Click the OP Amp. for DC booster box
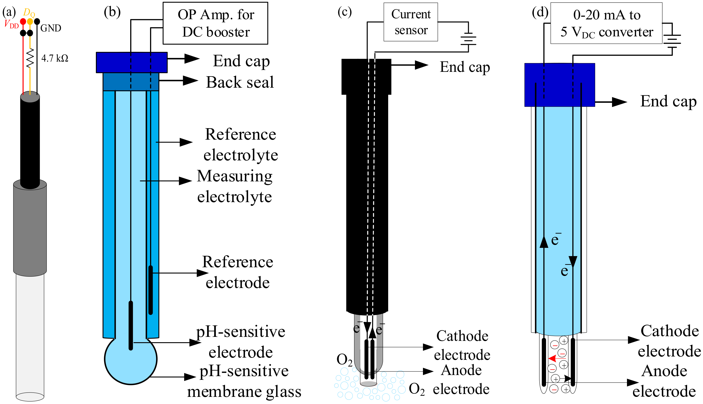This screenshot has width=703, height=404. pyautogui.click(x=215, y=23)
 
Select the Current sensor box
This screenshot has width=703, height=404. pyautogui.click(x=411, y=22)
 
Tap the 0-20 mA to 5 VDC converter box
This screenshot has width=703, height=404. pyautogui.click(x=606, y=23)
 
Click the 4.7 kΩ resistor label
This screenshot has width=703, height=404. pyautogui.click(x=55, y=58)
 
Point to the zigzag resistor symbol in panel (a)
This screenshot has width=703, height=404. pyautogui.click(x=30, y=58)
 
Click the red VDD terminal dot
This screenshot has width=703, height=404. pyautogui.click(x=23, y=21)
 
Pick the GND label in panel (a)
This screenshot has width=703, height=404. pyautogui.click(x=51, y=28)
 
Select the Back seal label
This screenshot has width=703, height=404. pyautogui.click(x=240, y=82)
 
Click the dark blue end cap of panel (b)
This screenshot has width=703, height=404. pyautogui.click(x=132, y=62)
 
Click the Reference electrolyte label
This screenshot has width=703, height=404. pyautogui.click(x=240, y=144)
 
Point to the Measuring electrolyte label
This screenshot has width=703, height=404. pyautogui.click(x=235, y=186)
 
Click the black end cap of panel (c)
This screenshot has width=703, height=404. pyautogui.click(x=366, y=77)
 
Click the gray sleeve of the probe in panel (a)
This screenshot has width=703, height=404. pyautogui.click(x=30, y=229)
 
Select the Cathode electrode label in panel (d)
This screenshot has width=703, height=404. pyautogui.click(x=670, y=341)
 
